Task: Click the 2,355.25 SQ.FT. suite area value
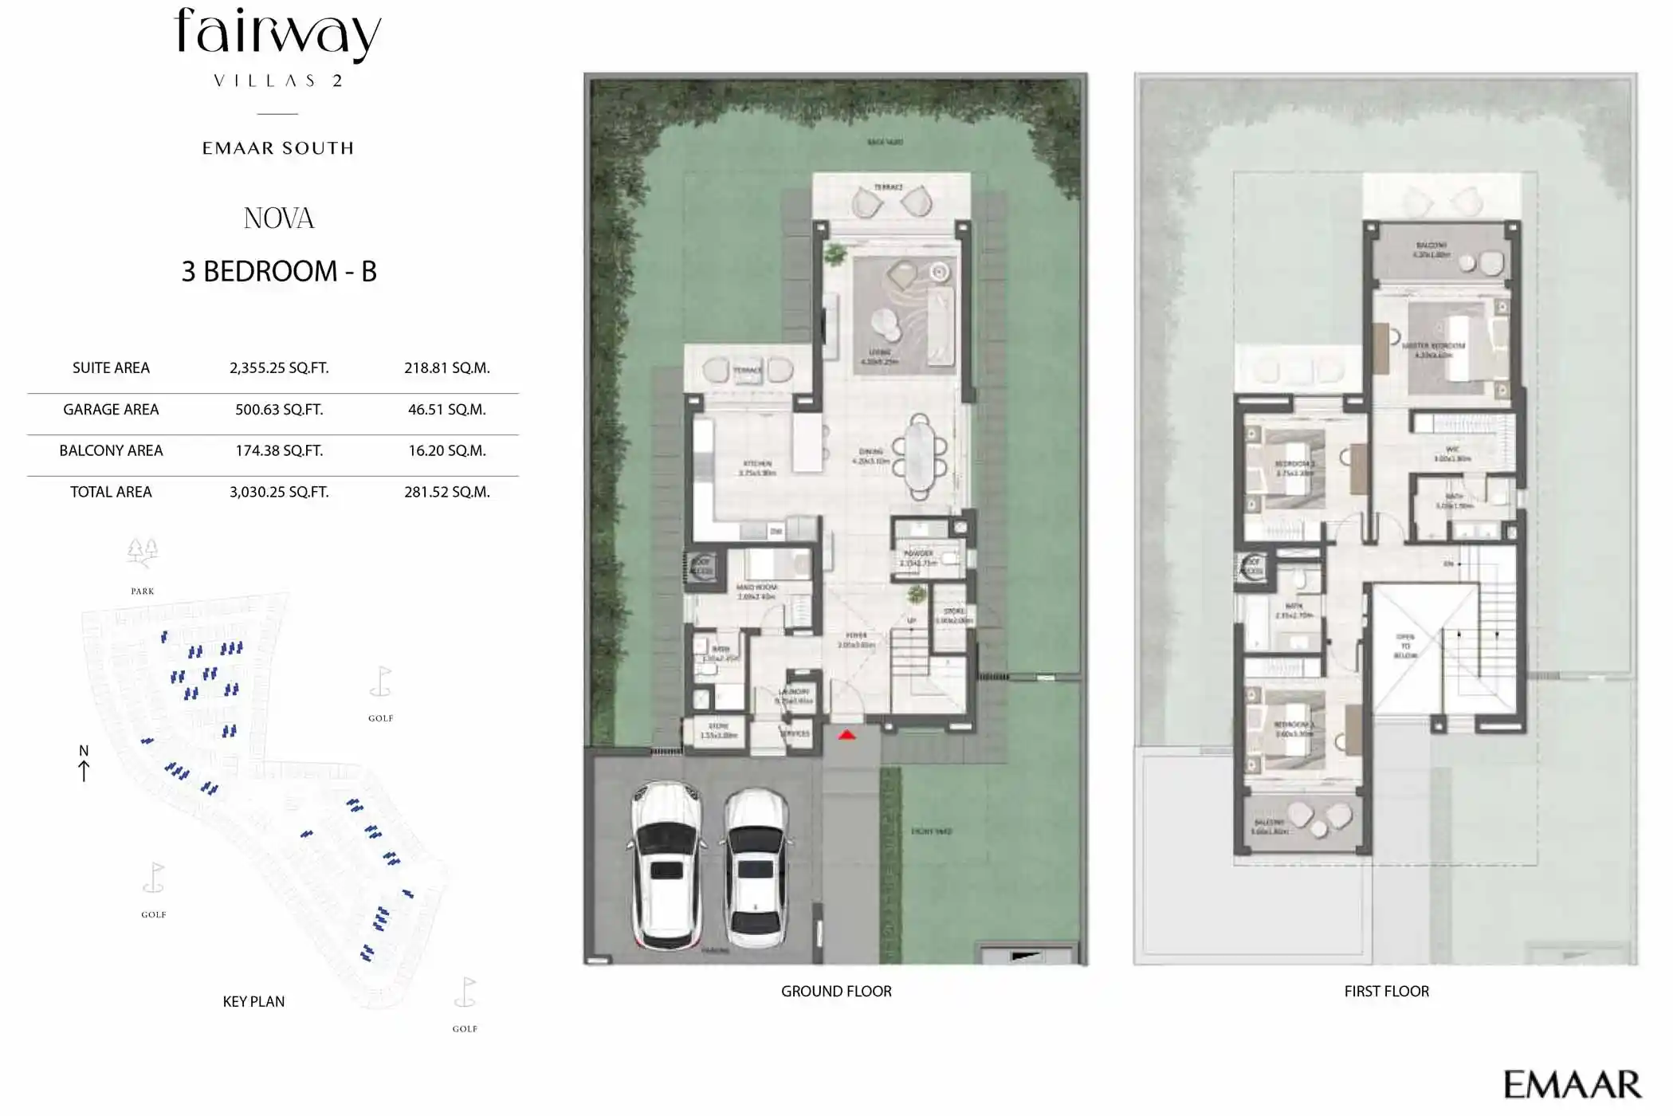pyautogui.click(x=279, y=368)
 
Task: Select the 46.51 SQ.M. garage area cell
pyautogui.click(x=446, y=410)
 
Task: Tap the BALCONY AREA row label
pyautogui.click(x=111, y=451)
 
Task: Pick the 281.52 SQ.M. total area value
pyautogui.click(x=446, y=493)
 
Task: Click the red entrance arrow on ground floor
pyautogui.click(x=846, y=735)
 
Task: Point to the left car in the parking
pyautogui.click(x=667, y=865)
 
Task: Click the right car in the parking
pyautogui.click(x=756, y=869)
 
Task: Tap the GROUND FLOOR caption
pyautogui.click(x=836, y=992)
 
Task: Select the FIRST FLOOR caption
pyautogui.click(x=1386, y=992)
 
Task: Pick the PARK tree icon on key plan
pyautogui.click(x=143, y=552)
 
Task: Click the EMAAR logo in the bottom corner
pyautogui.click(x=1571, y=1085)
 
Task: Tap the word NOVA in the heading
pyautogui.click(x=279, y=218)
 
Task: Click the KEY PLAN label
pyautogui.click(x=253, y=1002)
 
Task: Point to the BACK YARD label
pyautogui.click(x=885, y=142)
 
